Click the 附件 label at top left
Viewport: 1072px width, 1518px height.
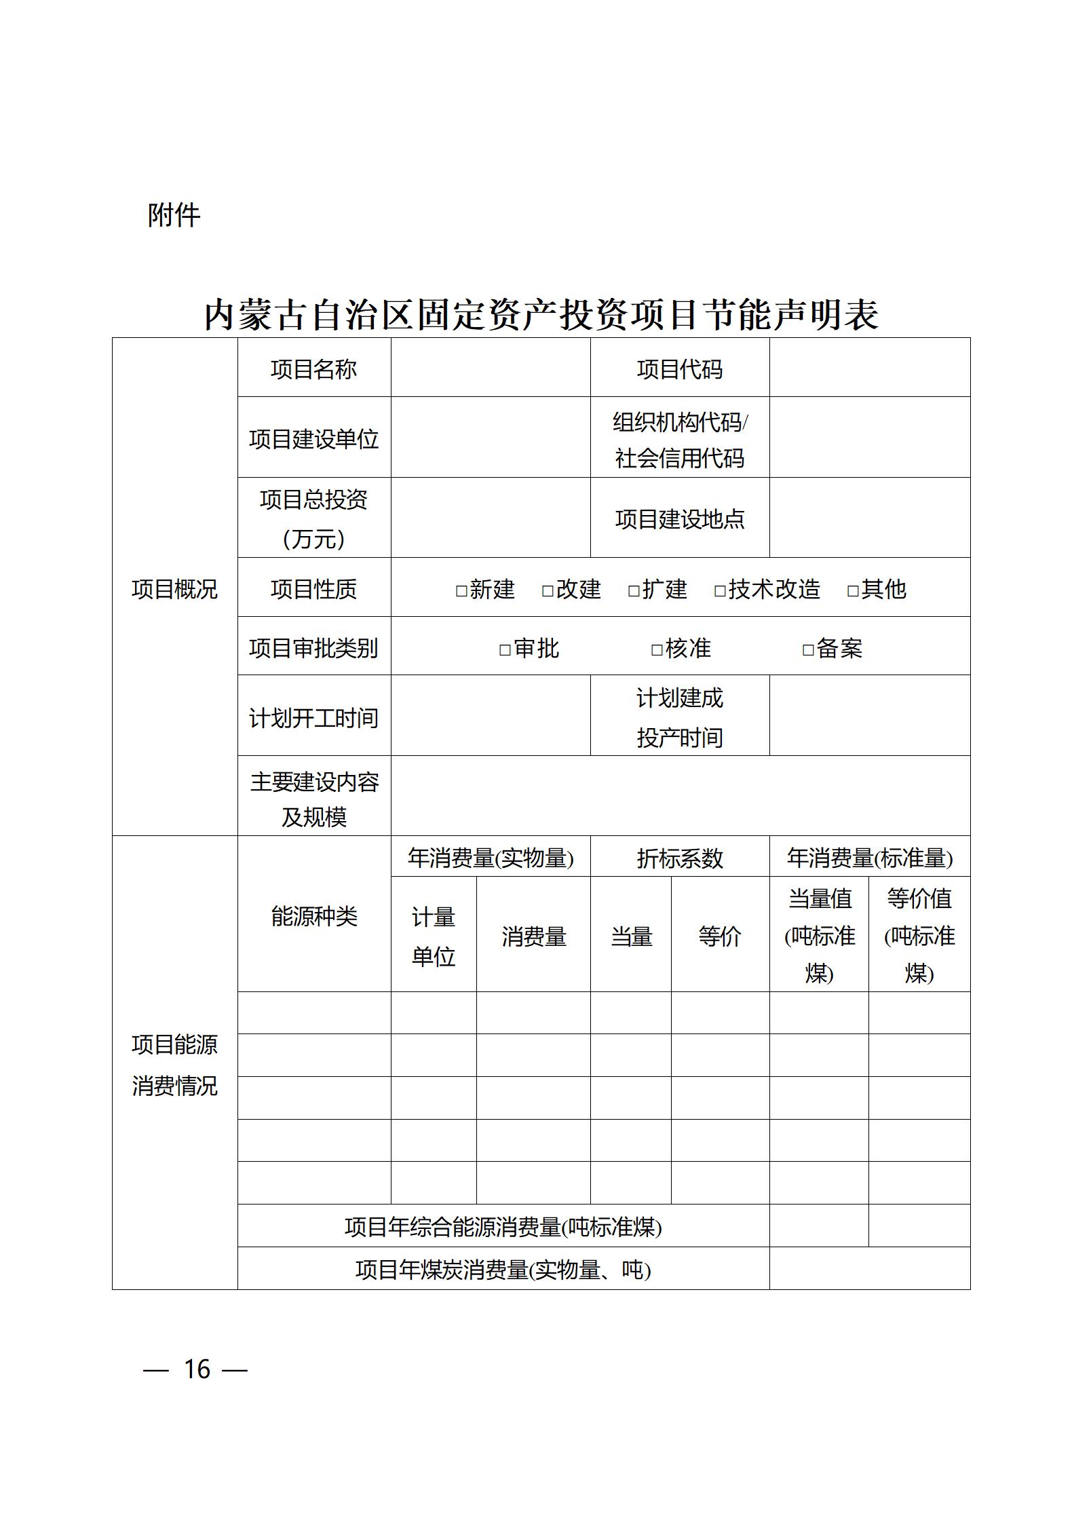pyautogui.click(x=174, y=215)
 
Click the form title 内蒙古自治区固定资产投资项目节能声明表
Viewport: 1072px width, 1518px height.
pyautogui.click(x=541, y=315)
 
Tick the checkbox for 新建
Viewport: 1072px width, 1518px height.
pyautogui.click(x=462, y=590)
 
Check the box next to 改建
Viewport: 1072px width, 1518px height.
pyautogui.click(x=548, y=590)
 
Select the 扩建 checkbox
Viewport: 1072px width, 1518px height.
pyautogui.click(x=634, y=590)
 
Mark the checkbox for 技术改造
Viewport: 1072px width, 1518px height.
pyautogui.click(x=721, y=590)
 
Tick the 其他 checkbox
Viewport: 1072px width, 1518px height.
pyautogui.click(x=854, y=590)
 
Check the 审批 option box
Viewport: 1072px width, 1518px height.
pyautogui.click(x=505, y=650)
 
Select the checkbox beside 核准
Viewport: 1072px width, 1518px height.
pyautogui.click(x=657, y=650)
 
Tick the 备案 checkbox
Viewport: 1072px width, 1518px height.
pyautogui.click(x=808, y=650)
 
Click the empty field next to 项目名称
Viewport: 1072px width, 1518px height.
pyautogui.click(x=491, y=368)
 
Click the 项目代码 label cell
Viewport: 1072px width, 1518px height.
pyautogui.click(x=680, y=369)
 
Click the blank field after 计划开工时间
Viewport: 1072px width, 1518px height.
pyautogui.click(x=491, y=715)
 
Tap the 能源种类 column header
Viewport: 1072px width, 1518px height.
pyautogui.click(x=314, y=916)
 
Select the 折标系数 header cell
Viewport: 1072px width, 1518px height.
pyautogui.click(x=680, y=858)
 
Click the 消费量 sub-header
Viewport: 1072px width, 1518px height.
pyautogui.click(x=534, y=936)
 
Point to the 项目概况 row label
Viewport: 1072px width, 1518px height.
pyautogui.click(x=174, y=588)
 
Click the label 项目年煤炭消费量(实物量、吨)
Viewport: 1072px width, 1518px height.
pyautogui.click(x=503, y=1269)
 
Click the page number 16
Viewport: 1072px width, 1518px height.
pyautogui.click(x=197, y=1369)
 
